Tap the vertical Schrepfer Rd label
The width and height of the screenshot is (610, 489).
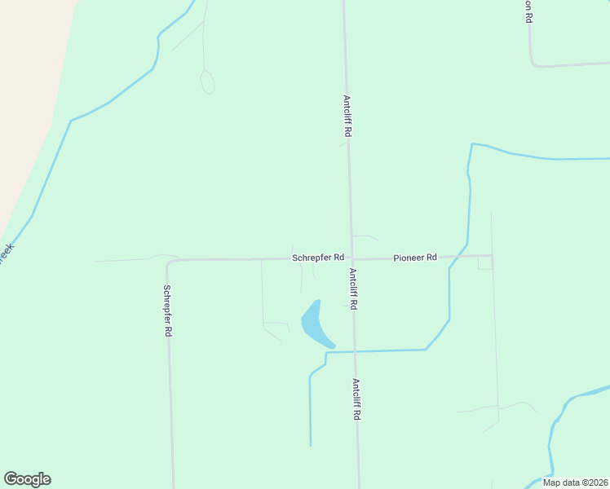click(x=166, y=311)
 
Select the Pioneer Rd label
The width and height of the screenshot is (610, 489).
click(x=415, y=258)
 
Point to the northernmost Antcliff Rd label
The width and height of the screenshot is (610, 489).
click(x=347, y=116)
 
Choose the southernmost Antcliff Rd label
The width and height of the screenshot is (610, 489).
click(x=356, y=399)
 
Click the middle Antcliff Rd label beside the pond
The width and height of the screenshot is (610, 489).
click(x=353, y=289)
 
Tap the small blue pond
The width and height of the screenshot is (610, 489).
click(x=314, y=324)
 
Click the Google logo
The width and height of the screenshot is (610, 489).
click(x=27, y=479)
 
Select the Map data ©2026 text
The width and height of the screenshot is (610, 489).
click(x=575, y=482)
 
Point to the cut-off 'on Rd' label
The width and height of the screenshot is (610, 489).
click(x=528, y=11)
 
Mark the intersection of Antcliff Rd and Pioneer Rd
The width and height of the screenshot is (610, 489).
click(x=351, y=258)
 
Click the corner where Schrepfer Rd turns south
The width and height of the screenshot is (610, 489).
click(x=168, y=262)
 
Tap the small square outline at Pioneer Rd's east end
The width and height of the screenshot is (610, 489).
click(x=485, y=262)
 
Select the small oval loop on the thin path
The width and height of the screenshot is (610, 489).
click(x=207, y=81)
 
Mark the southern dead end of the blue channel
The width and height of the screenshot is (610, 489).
click(x=311, y=444)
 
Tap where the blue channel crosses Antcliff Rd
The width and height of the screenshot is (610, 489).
click(x=354, y=351)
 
